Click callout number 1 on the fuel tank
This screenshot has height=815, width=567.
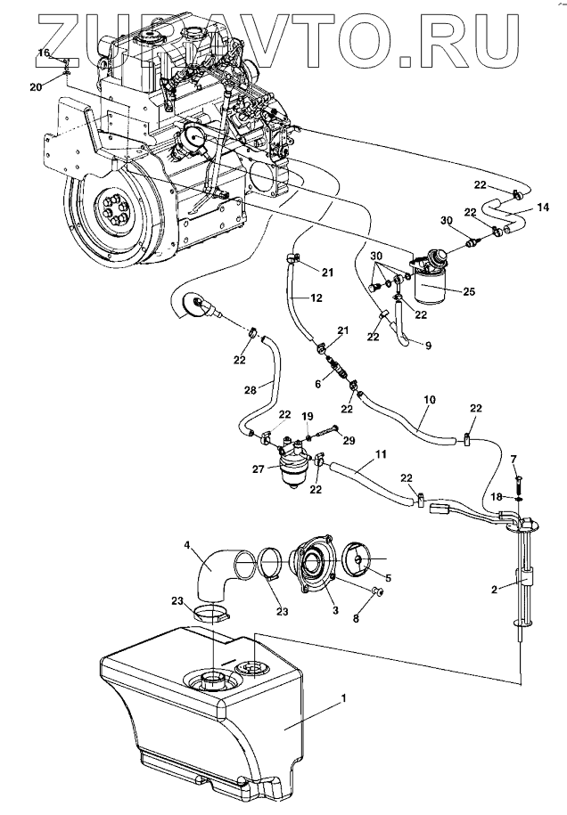342,698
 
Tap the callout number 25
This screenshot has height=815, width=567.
469,291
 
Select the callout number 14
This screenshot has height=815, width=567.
543,208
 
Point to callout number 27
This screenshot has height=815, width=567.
259,469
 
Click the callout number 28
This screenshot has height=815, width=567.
251,390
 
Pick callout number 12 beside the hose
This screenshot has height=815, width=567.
316,297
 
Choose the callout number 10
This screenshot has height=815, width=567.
430,400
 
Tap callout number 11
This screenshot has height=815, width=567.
381,454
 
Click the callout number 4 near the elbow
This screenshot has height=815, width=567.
186,546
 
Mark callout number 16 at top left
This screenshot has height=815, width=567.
44,53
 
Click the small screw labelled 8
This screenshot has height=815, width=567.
377,591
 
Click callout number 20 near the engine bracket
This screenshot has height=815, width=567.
36,87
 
